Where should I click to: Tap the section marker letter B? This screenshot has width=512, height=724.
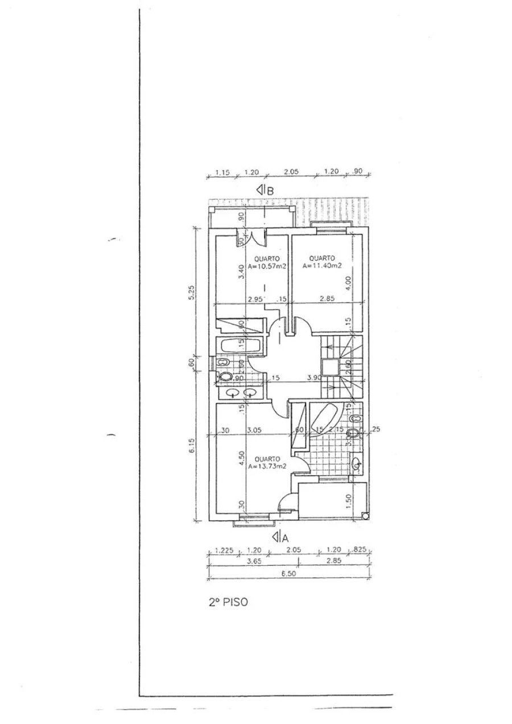tap(270, 191)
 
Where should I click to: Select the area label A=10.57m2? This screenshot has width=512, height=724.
tap(266, 265)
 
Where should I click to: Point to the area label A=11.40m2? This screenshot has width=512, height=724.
tap(322, 265)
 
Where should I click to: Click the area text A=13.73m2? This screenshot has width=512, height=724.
tap(266, 466)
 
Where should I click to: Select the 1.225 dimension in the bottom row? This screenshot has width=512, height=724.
tap(225, 550)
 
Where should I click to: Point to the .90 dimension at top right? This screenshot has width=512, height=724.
tap(358, 171)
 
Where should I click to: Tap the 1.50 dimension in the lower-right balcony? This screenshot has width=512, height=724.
tap(349, 500)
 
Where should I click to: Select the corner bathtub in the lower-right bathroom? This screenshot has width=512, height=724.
tap(327, 418)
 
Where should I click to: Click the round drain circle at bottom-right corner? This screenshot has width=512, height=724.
tap(365, 516)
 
